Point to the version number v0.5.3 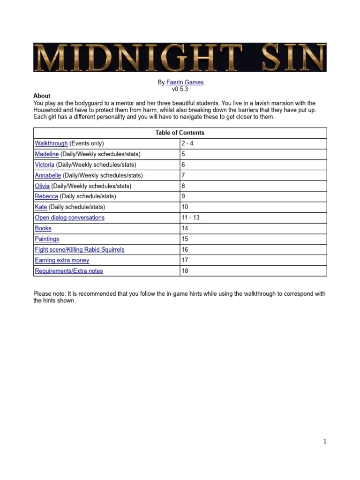pos(180,89)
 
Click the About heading pos(42,96)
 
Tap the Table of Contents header pos(180,133)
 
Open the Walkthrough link pos(51,143)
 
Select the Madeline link pos(46,154)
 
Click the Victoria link pos(45,165)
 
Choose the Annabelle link pos(48,175)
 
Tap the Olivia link pos(42,186)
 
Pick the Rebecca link pos(46,196)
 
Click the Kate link pos(41,207)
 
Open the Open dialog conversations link pos(69,217)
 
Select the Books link pos(43,228)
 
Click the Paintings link pos(47,239)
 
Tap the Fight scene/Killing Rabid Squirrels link pos(80,249)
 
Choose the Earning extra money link pos(62,260)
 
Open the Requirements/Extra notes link pos(69,271)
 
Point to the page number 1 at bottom pos(324,441)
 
